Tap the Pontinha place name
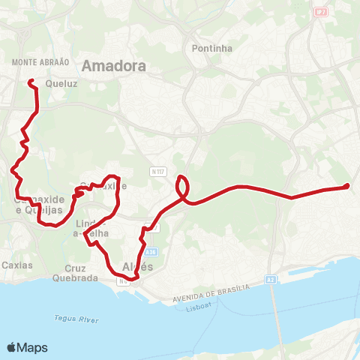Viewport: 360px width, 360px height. click(212, 48)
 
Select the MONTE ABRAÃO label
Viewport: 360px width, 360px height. click(41, 62)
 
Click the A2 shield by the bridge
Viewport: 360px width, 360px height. click(270, 278)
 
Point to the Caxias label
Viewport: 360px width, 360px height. click(16, 265)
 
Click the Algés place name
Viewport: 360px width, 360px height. click(137, 268)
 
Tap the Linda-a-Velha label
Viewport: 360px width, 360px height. click(92, 229)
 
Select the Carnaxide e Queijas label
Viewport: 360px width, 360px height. click(36, 205)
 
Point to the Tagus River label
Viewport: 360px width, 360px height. click(76, 319)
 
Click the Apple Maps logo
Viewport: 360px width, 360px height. click(27, 347)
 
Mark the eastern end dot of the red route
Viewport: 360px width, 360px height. click(346, 186)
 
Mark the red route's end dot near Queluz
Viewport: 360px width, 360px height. click(31, 82)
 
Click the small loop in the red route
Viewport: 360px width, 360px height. click(183, 185)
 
